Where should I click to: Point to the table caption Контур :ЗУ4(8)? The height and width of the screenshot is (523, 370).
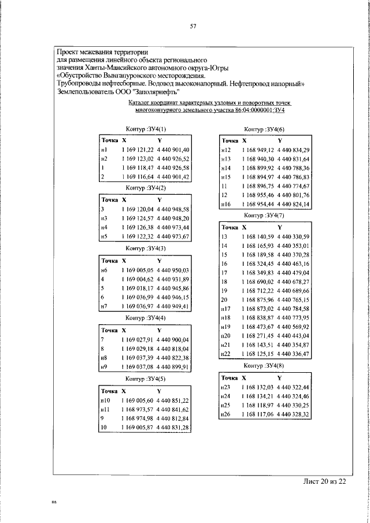pos(264,366)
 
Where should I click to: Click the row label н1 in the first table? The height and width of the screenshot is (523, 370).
pos(104,150)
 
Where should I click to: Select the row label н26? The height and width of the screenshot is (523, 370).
pos(226,414)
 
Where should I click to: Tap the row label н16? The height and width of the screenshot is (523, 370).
pos(226,205)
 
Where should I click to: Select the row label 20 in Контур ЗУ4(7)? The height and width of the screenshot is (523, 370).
pos(225,300)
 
